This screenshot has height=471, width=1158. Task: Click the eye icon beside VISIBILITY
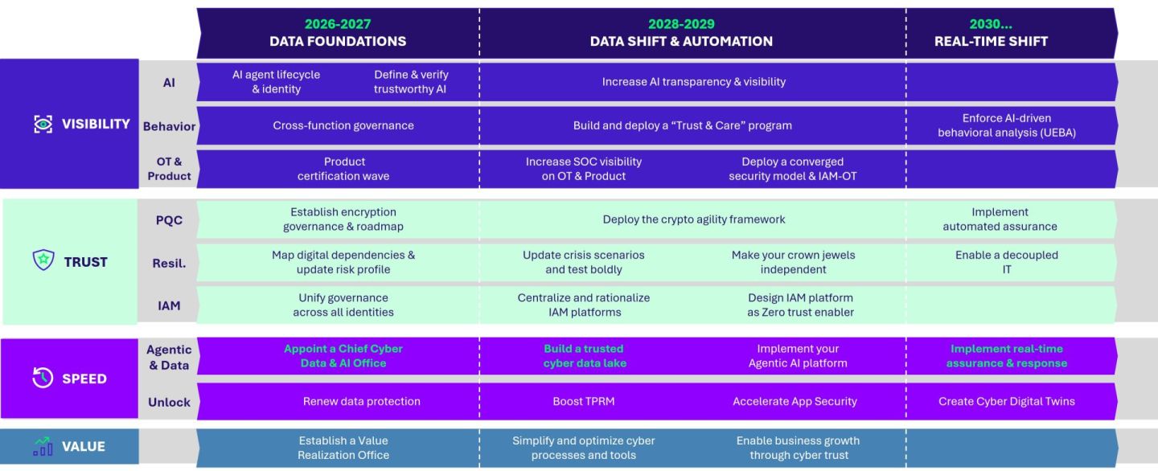click(x=43, y=124)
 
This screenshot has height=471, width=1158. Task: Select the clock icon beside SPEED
click(x=43, y=378)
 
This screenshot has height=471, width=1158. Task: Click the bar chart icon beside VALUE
click(x=43, y=446)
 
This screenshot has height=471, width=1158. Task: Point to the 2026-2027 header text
click(x=338, y=24)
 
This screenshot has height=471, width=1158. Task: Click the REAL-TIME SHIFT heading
click(x=991, y=41)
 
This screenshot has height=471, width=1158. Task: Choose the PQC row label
click(x=169, y=219)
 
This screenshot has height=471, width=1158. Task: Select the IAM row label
click(x=169, y=305)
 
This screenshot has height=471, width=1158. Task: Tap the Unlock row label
click(x=169, y=402)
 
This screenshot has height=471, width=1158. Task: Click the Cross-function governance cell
click(x=343, y=125)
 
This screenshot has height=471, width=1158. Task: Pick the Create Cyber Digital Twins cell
click(x=1006, y=401)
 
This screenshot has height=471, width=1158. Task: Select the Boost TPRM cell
click(x=584, y=401)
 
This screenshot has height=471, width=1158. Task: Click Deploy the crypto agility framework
click(x=694, y=219)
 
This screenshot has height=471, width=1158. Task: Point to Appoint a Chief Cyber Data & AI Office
click(x=343, y=356)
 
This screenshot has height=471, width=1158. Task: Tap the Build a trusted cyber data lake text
click(x=584, y=356)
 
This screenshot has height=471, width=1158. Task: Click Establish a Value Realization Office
click(x=343, y=448)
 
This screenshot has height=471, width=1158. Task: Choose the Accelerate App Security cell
click(x=795, y=401)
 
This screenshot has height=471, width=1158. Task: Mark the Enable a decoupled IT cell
click(x=1006, y=262)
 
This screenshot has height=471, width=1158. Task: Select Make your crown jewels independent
click(x=793, y=262)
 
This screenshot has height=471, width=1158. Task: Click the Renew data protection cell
click(x=361, y=401)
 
